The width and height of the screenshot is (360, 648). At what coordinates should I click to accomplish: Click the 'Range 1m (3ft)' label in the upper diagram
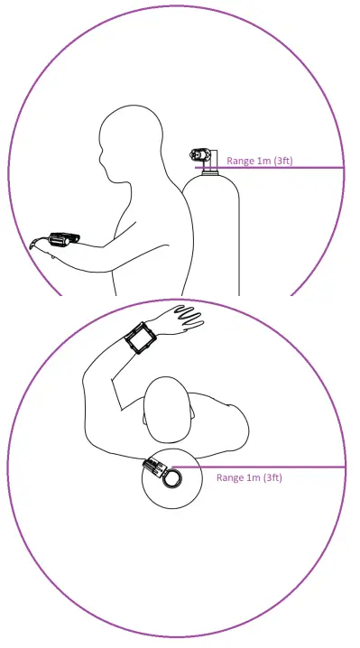tap(259, 161)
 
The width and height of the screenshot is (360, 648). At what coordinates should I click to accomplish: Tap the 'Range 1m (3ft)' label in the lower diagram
tap(250, 477)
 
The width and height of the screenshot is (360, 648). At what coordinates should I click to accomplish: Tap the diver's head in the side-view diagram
tap(126, 144)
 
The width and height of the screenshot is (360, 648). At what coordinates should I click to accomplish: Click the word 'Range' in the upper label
tap(240, 161)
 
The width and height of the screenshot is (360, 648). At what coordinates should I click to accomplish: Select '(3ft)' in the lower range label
tap(271, 477)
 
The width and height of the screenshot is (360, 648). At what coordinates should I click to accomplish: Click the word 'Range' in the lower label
tap(230, 477)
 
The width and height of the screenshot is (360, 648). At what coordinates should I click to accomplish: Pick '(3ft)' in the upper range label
tap(282, 161)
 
